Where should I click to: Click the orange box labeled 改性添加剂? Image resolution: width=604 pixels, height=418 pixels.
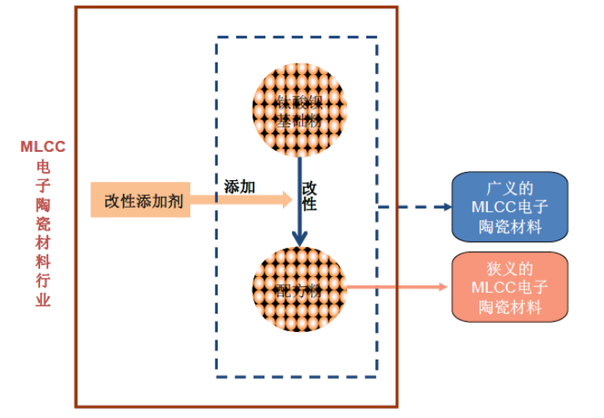point(140,200)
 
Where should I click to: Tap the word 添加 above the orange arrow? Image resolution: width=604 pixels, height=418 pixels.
point(239,187)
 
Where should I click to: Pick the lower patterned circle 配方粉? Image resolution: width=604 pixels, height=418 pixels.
point(299,288)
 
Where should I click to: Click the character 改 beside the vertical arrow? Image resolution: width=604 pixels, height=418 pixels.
point(310,188)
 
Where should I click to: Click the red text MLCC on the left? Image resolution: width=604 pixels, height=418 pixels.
point(43,147)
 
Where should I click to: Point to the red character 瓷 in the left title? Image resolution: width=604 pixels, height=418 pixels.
point(43,224)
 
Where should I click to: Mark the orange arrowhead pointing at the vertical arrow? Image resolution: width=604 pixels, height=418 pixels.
point(286,199)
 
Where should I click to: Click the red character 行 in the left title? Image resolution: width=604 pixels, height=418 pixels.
point(43,281)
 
